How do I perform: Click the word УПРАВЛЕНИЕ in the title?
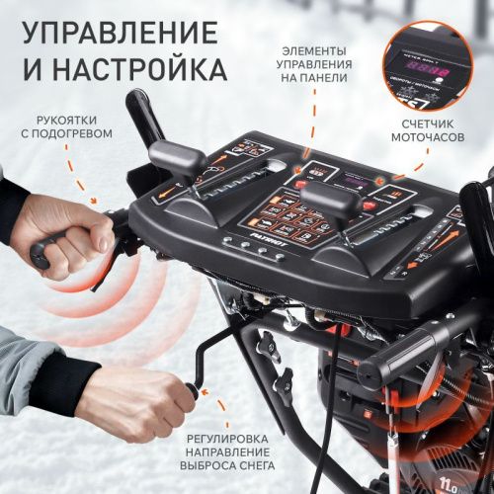coord(119,32)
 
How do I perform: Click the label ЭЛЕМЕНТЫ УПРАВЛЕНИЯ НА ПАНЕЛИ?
coord(312,64)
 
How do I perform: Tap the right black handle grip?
coord(395,360)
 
